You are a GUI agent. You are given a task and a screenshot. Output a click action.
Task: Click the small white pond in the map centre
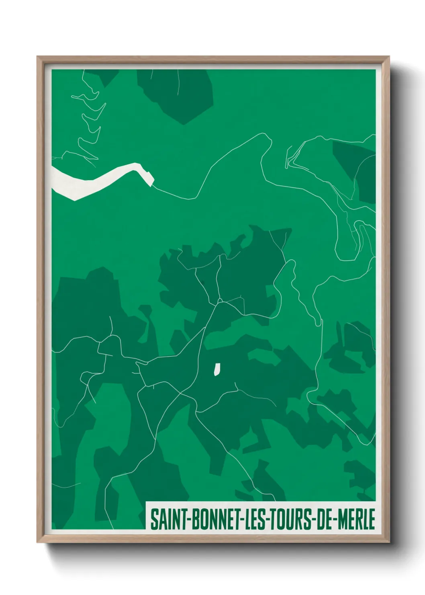tap(217, 369)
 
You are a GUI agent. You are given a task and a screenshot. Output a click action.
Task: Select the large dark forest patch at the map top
tap(181, 94)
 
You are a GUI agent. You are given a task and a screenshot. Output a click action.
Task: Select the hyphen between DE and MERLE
tap(335, 520)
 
